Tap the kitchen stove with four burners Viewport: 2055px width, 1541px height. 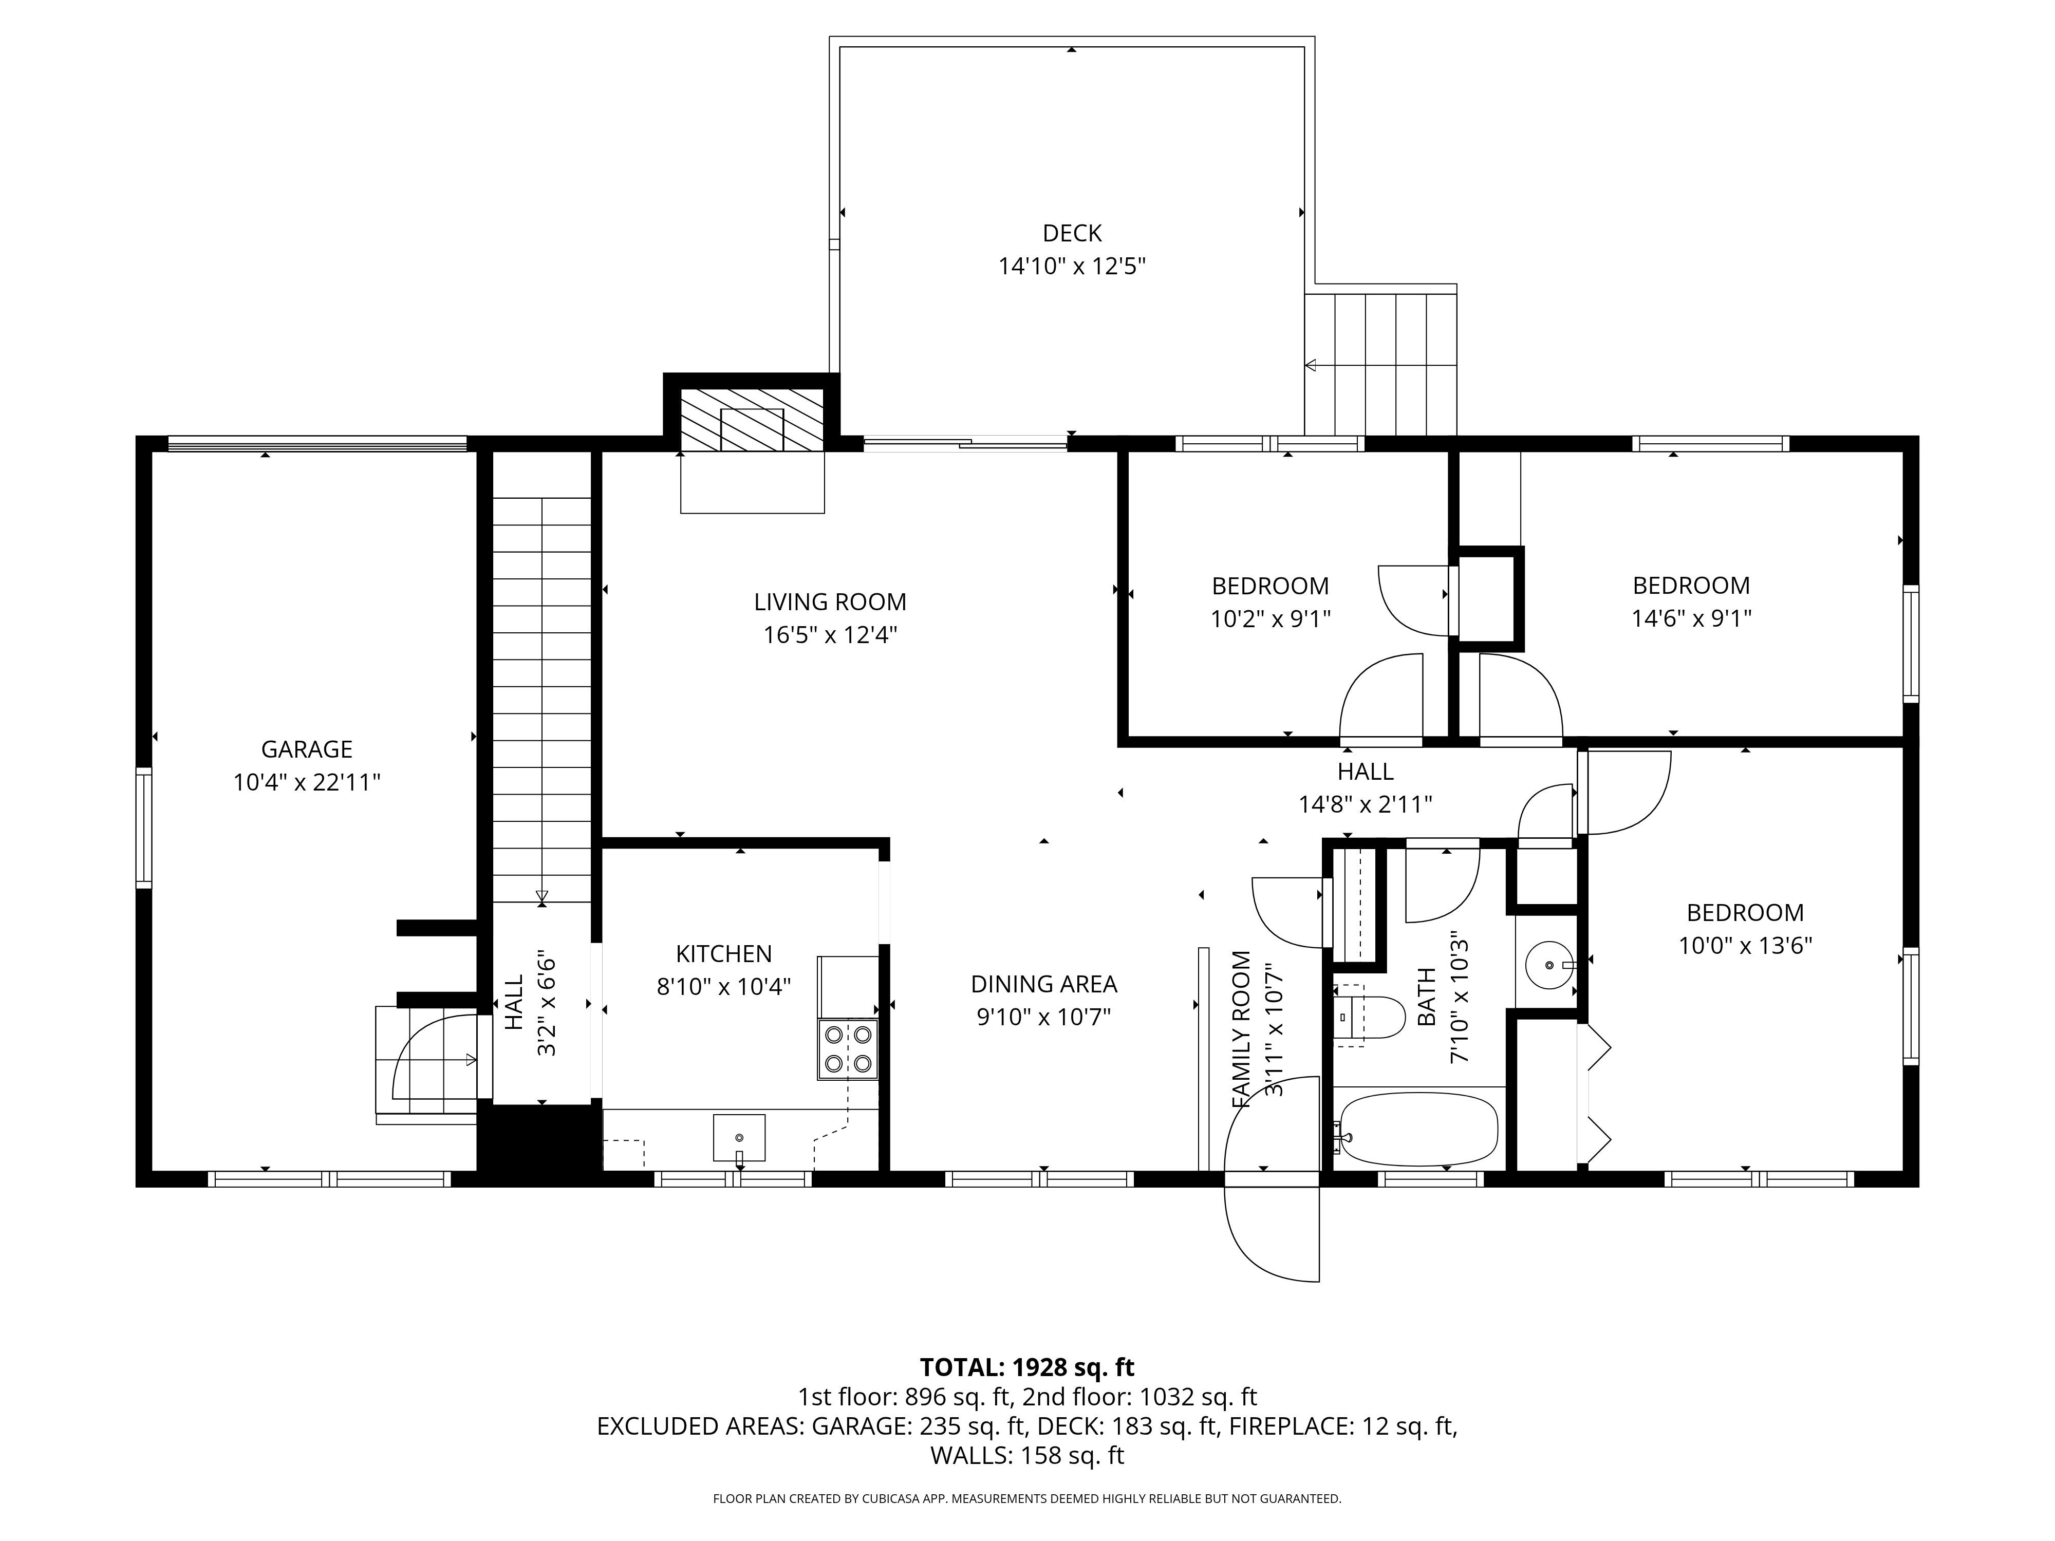tap(847, 1049)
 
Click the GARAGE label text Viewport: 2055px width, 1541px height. tap(307, 749)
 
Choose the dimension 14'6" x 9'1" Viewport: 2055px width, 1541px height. tap(1691, 618)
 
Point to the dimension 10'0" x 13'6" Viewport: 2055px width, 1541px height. tap(1745, 946)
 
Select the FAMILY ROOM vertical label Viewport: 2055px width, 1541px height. tap(1241, 1029)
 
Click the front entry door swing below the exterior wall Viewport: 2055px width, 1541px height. tap(1273, 1231)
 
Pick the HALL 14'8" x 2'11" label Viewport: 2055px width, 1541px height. tap(1365, 787)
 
